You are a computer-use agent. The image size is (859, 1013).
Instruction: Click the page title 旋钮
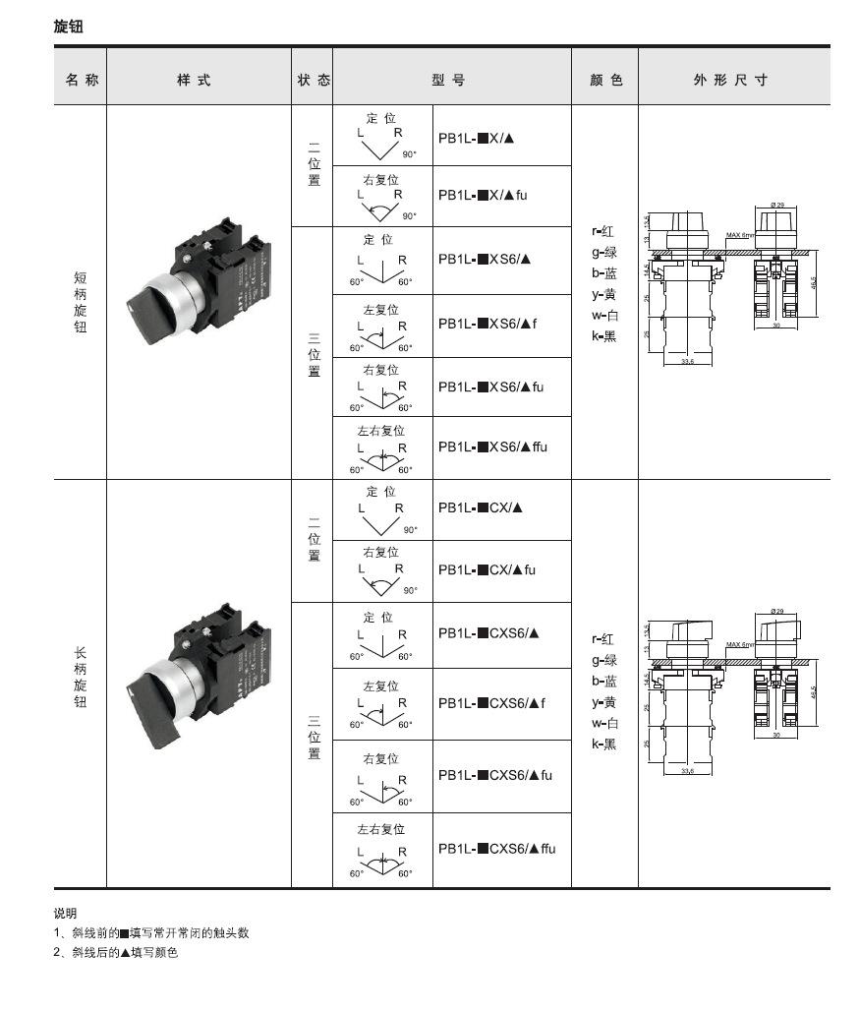pyautogui.click(x=68, y=27)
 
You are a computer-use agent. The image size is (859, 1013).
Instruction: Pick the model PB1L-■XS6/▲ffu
pyautogui.click(x=492, y=447)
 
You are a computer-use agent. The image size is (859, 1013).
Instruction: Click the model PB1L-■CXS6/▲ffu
pyautogui.click(x=496, y=848)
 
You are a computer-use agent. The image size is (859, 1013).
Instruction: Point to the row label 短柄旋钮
pyautogui.click(x=81, y=302)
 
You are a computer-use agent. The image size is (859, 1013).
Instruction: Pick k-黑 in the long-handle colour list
pyautogui.click(x=603, y=744)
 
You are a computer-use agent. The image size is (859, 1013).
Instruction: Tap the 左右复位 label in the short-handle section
pyautogui.click(x=381, y=430)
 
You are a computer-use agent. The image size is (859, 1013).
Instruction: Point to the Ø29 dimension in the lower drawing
pyautogui.click(x=777, y=612)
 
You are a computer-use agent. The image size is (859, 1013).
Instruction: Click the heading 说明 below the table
pyautogui.click(x=65, y=913)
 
